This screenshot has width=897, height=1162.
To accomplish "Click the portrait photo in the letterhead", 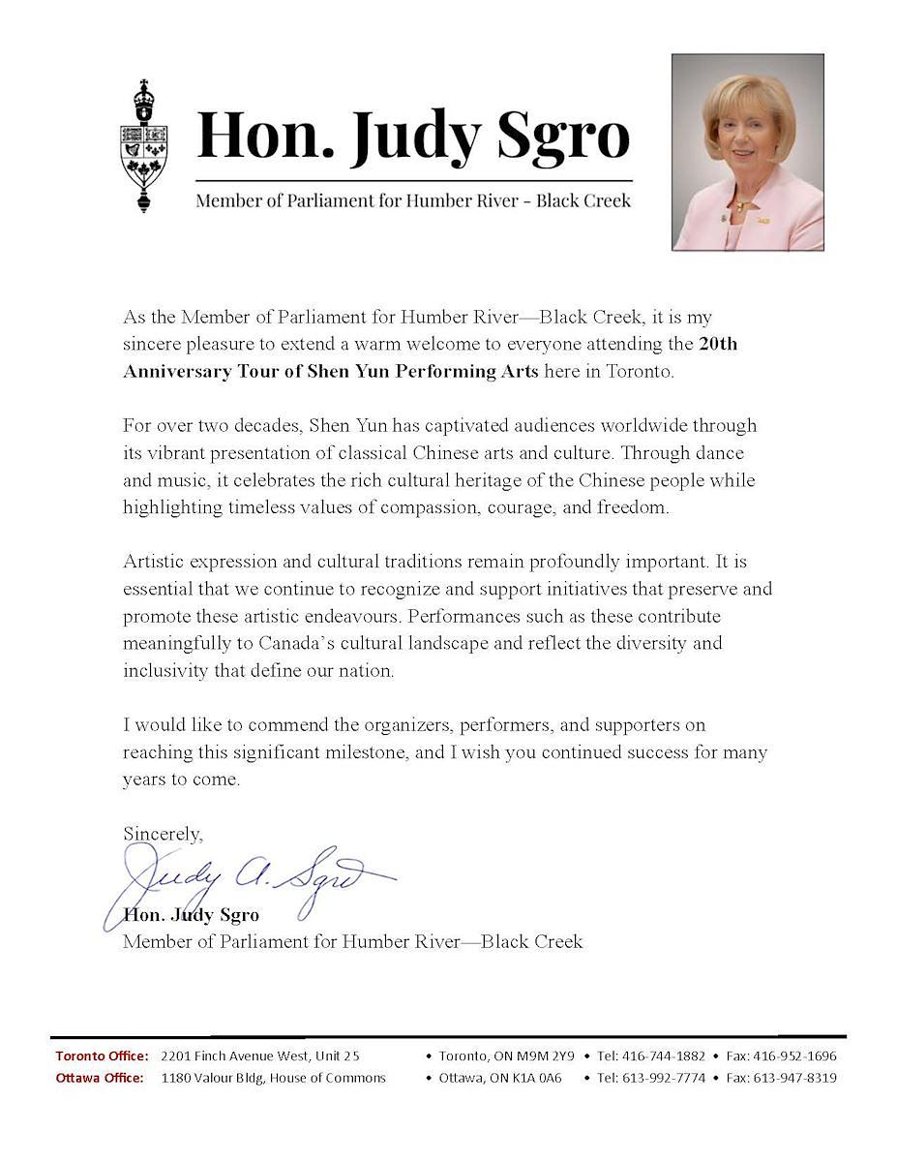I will click(x=747, y=152).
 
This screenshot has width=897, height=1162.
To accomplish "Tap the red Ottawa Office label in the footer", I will click(x=100, y=1078).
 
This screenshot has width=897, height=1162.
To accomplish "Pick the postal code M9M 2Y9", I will click(x=543, y=1055).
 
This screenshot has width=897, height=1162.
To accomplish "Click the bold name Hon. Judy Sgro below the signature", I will click(x=192, y=915).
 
